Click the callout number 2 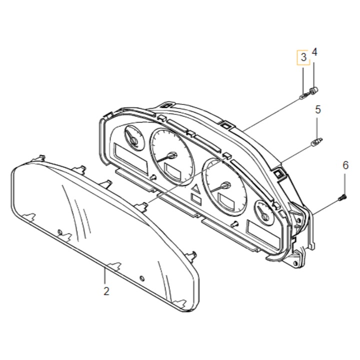pyautogui.click(x=106, y=291)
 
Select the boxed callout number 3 pyautogui.click(x=302, y=57)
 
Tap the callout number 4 pyautogui.click(x=315, y=52)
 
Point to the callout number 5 pyautogui.click(x=317, y=109)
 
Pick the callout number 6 pyautogui.click(x=345, y=165)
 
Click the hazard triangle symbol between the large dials pyautogui.click(x=196, y=188)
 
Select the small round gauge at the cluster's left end pyautogui.click(x=133, y=136)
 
